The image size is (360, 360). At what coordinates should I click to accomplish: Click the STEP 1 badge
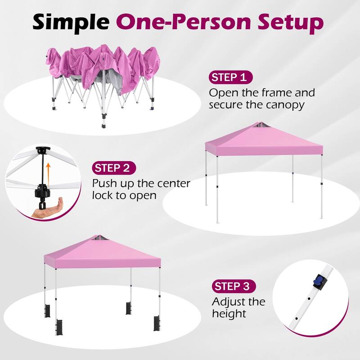coord(231,77)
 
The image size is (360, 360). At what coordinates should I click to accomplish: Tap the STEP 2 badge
coord(114,168)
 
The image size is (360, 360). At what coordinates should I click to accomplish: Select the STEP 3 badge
coord(234,286)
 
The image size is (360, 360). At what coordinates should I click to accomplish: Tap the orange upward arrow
coord(46,171)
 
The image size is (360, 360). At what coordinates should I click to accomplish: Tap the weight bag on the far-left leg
coord(46,311)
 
